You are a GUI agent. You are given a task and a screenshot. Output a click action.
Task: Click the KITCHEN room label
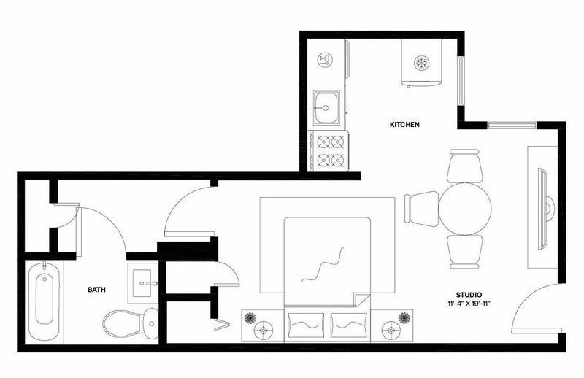[x=404, y=124]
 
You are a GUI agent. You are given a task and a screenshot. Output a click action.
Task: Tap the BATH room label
[x=96, y=290]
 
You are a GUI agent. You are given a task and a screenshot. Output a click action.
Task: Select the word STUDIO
[x=469, y=295]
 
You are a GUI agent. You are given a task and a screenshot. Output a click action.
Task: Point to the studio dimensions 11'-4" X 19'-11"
[x=469, y=303]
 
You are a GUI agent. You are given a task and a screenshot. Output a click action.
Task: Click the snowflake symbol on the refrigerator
[x=422, y=63]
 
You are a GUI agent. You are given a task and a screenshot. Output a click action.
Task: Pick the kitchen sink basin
[x=326, y=107]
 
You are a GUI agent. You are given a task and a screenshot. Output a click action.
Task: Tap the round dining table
[x=464, y=209]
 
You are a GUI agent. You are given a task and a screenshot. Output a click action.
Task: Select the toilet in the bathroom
[x=131, y=323]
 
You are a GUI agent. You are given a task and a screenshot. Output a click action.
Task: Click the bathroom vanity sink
[x=142, y=283]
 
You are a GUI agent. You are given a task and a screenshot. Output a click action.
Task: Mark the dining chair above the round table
[x=464, y=166]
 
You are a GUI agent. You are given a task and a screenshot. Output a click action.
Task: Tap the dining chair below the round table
[x=464, y=252]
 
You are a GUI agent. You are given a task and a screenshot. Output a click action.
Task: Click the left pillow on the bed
[x=307, y=325]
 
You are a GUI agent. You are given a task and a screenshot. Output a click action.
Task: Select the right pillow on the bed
[x=348, y=325]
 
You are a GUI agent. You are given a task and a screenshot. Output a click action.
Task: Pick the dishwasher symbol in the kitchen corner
[x=325, y=60]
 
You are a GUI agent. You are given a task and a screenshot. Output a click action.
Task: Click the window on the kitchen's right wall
[x=461, y=82]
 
